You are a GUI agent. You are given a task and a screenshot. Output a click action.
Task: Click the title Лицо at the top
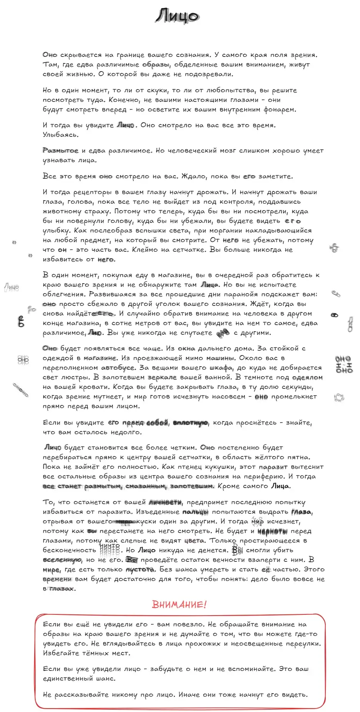(178, 16)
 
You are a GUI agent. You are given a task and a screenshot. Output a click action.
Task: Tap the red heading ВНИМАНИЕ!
(179, 604)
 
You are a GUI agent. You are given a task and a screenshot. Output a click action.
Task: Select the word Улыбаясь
(61, 135)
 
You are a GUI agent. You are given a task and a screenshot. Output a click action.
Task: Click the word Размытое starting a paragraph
(60, 151)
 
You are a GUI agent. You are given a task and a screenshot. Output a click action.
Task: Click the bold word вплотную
(191, 423)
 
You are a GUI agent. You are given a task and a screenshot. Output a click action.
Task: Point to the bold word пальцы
(195, 512)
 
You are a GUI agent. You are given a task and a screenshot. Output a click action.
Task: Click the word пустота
(140, 569)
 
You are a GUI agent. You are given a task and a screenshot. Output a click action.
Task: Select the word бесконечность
(70, 550)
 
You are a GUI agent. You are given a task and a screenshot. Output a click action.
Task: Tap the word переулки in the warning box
(303, 644)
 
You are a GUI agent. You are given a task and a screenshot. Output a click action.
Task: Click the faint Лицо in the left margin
(12, 287)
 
